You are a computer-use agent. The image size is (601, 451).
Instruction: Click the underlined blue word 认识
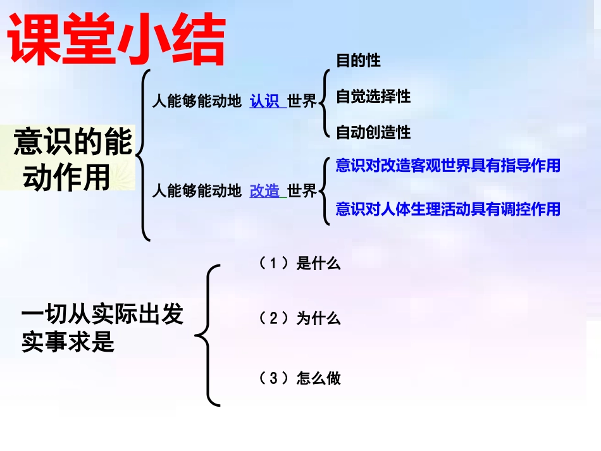(x=265, y=101)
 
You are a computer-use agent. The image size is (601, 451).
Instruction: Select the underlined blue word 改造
(x=265, y=190)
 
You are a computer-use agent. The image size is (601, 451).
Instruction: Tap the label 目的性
(x=358, y=61)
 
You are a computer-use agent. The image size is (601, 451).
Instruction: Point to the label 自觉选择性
(x=373, y=97)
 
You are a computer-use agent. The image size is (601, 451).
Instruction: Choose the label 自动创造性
(x=373, y=132)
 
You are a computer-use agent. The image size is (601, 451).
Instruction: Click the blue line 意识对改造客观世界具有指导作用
(x=448, y=166)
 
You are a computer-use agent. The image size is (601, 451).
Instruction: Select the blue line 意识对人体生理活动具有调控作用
(x=448, y=209)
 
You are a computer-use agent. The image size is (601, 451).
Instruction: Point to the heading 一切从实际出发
(x=102, y=314)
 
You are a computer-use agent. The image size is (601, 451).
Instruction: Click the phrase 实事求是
(x=68, y=342)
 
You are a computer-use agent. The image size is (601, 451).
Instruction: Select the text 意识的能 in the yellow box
(x=73, y=142)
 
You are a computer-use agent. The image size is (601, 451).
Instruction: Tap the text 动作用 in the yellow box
(x=66, y=178)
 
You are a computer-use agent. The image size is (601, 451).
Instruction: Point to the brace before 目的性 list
(x=325, y=97)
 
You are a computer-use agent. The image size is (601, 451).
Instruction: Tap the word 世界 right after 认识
(x=302, y=101)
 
